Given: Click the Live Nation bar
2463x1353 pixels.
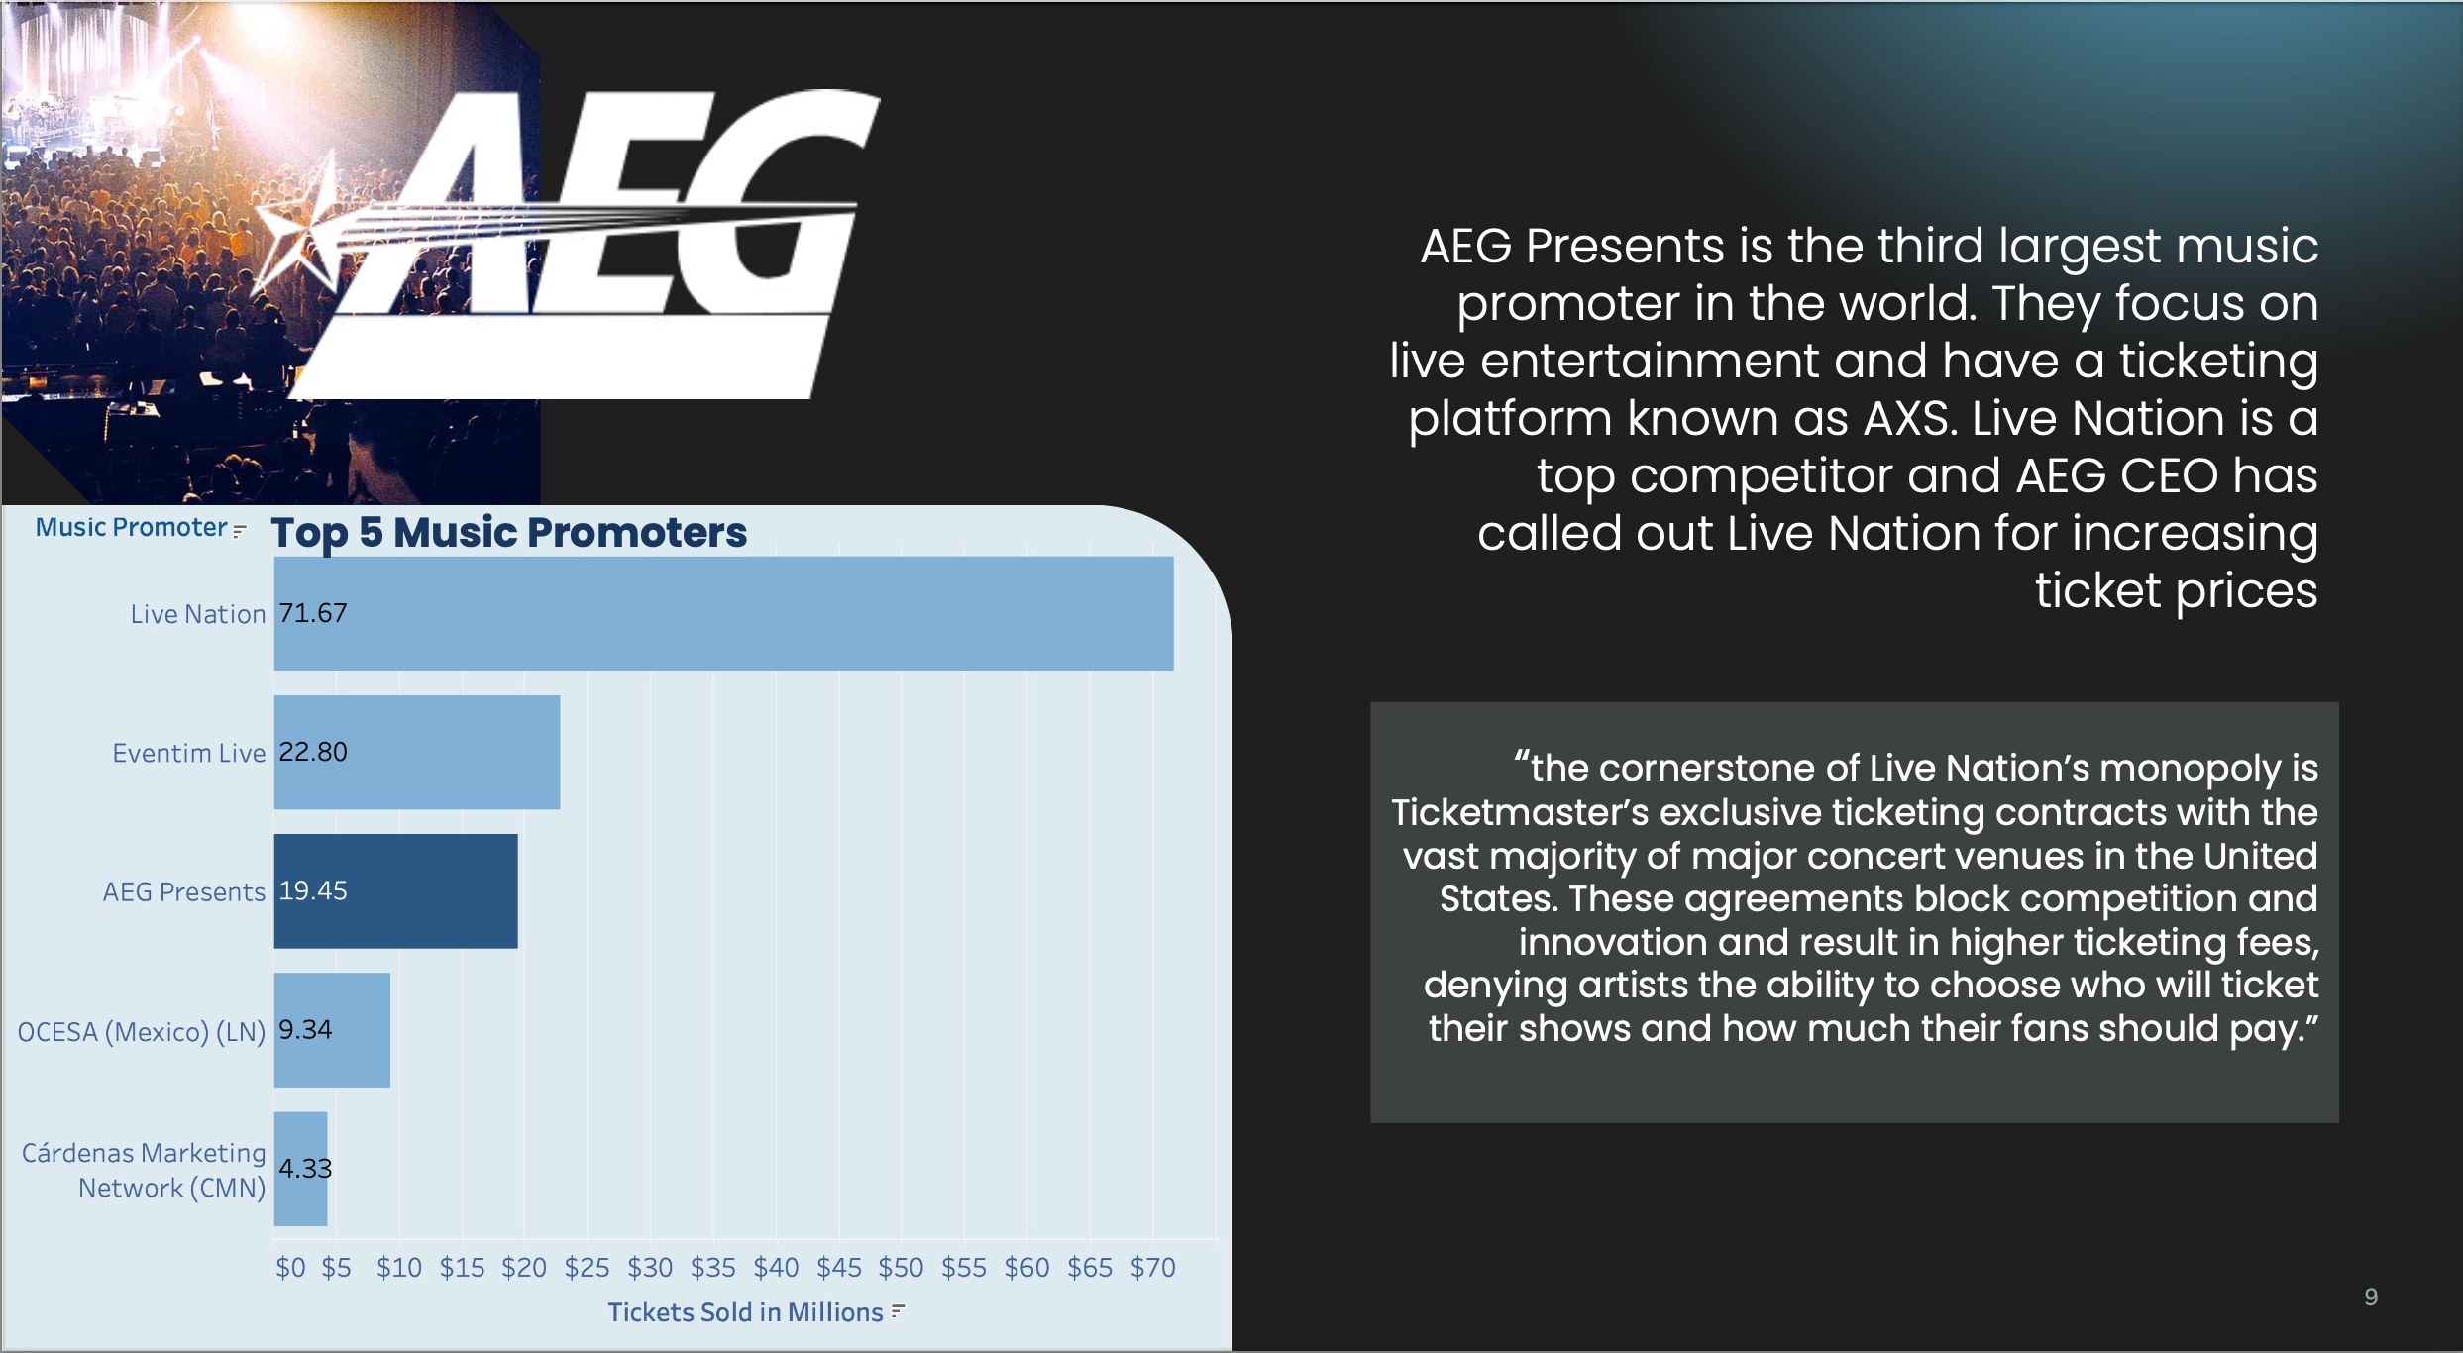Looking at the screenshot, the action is pos(723,613).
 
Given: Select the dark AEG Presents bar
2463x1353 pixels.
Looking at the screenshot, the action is pos(395,890).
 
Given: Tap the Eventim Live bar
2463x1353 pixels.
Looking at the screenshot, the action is pos(417,752).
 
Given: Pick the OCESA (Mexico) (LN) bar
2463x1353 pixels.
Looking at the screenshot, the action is pos(332,1029).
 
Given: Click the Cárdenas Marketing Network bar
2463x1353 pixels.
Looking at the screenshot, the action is pos(301,1168).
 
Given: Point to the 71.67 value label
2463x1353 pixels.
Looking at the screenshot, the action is pos(313,613).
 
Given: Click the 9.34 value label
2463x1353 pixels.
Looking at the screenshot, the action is pos(305,1029).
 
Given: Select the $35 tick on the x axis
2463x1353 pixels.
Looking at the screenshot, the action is pos(713,1268).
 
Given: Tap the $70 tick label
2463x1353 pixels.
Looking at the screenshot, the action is pos(1153,1268).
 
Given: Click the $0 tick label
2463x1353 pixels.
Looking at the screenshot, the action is pos(290,1268).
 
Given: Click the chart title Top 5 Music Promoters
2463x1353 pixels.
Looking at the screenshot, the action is pos(509,533).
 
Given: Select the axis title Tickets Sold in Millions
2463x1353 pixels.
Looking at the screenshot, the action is pos(745,1312).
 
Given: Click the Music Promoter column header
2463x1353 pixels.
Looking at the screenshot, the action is pos(132,527).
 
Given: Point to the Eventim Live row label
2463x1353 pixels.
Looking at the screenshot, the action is pos(189,753).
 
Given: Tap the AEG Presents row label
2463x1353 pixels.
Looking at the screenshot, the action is pos(184,891).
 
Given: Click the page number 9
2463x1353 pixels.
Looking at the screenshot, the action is pos(2371,1298).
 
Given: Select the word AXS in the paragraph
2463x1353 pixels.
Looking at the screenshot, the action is pos(1908,419).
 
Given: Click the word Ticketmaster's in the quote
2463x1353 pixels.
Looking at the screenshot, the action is pos(1520,812).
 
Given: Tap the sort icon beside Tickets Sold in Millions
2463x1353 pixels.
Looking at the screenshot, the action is pos(898,1311).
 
